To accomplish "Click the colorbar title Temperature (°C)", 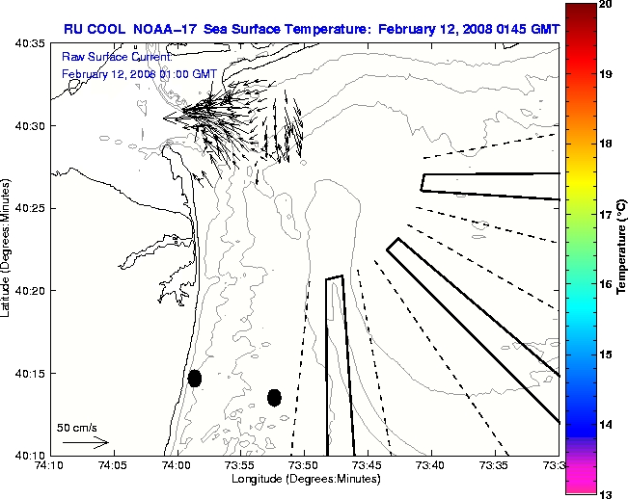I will click(622, 249).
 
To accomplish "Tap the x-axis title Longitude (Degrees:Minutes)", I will click(303, 480).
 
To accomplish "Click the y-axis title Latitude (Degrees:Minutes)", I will click(8, 249).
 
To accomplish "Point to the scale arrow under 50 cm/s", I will click(85, 442).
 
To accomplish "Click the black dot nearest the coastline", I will click(195, 378).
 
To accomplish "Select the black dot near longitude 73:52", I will click(274, 397).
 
